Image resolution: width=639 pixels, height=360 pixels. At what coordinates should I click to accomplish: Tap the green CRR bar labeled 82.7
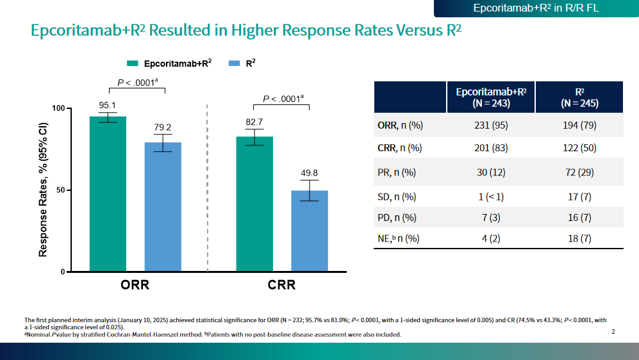click(254, 204)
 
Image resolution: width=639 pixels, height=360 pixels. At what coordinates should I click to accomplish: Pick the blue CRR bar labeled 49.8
click(310, 231)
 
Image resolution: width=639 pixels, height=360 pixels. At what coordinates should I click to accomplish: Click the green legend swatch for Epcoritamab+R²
click(133, 63)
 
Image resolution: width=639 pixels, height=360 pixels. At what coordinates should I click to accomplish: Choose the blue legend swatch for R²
click(234, 63)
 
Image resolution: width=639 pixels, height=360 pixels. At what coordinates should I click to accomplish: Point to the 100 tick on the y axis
click(58, 108)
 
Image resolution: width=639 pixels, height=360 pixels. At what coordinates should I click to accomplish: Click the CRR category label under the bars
click(282, 285)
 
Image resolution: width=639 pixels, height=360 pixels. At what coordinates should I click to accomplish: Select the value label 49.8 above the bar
click(310, 173)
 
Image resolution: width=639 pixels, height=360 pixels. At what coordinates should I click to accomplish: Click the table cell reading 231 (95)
click(491, 126)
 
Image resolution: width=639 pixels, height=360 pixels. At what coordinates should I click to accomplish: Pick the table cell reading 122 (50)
click(579, 148)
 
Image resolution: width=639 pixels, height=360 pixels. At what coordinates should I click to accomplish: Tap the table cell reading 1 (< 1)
click(491, 197)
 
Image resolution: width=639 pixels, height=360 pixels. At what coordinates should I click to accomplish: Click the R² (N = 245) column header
click(579, 97)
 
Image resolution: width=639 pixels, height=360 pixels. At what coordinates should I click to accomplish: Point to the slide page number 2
click(613, 332)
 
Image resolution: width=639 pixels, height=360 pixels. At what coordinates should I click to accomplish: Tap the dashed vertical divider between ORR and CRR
click(208, 192)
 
